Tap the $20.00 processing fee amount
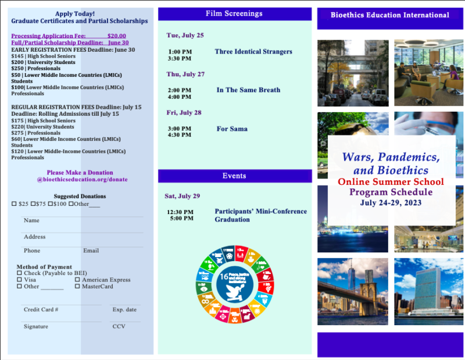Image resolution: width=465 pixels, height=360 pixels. [x=116, y=35]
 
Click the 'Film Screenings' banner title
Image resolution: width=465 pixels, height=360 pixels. [x=234, y=13]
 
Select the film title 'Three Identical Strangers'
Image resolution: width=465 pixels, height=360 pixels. [x=253, y=52]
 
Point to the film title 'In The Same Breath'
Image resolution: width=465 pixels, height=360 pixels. [x=248, y=90]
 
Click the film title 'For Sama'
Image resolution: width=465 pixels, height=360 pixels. [x=232, y=129]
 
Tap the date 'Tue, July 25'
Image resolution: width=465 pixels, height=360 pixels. [x=185, y=35]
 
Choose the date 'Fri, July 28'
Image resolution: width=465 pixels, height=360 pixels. [x=184, y=113]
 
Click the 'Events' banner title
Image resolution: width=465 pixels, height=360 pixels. [x=234, y=176]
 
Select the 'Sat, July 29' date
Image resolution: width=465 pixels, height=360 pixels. [x=182, y=196]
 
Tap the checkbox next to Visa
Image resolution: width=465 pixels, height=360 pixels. [x=20, y=280]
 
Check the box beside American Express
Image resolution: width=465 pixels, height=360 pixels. [x=77, y=280]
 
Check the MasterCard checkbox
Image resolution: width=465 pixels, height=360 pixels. [x=77, y=286]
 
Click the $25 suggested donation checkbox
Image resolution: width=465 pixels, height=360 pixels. [x=15, y=204]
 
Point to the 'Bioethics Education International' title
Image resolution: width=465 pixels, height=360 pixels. [x=389, y=15]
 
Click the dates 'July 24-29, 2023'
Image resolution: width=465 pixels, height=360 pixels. [x=391, y=203]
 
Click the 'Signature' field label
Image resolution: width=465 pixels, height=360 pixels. [x=36, y=327]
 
